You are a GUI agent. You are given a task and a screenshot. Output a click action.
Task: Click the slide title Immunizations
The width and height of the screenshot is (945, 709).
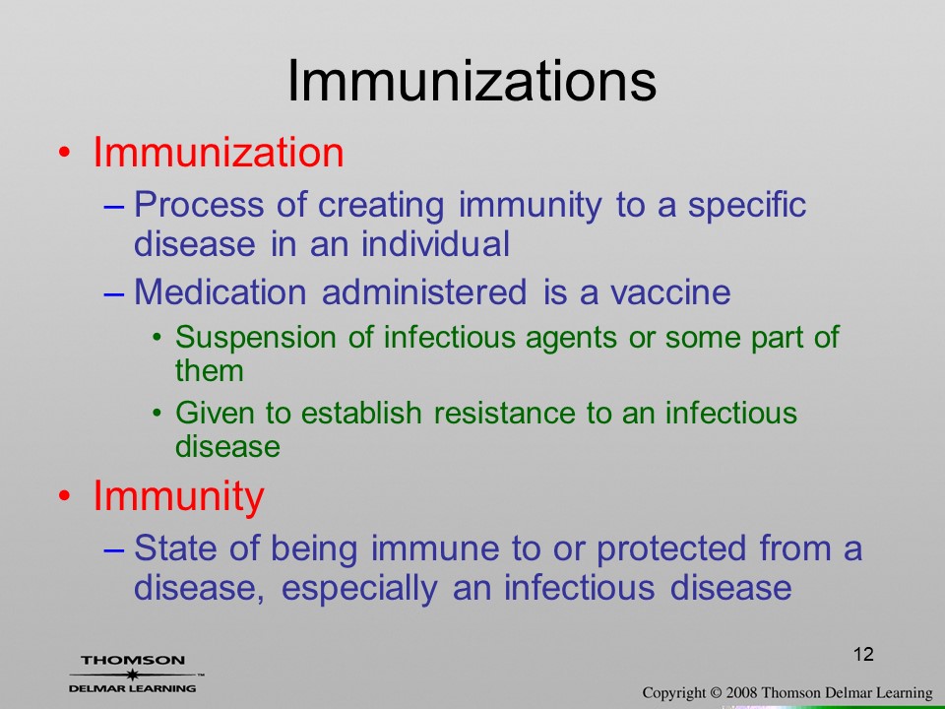click(x=472, y=82)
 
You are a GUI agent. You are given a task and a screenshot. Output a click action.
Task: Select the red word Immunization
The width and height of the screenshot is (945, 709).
click(x=219, y=152)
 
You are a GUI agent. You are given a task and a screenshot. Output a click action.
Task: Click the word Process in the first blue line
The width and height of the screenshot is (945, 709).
click(x=199, y=205)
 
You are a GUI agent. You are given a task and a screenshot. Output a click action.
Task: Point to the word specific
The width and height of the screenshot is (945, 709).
click(x=747, y=206)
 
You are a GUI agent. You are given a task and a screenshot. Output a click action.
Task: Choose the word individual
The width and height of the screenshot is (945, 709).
click(x=435, y=243)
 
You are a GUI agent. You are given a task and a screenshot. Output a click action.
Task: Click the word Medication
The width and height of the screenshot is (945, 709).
click(x=220, y=291)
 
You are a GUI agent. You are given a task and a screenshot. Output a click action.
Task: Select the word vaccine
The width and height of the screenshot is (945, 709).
click(x=670, y=293)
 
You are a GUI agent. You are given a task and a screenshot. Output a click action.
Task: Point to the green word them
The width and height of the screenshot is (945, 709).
click(x=209, y=370)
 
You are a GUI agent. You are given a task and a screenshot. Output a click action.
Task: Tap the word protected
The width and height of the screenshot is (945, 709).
click(x=670, y=549)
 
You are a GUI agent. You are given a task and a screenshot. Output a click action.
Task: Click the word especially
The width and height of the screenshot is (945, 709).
click(x=359, y=589)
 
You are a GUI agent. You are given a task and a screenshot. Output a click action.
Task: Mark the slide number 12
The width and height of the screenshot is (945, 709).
click(x=863, y=654)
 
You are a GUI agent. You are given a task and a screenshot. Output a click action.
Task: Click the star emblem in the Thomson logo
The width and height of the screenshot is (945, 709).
click(x=132, y=675)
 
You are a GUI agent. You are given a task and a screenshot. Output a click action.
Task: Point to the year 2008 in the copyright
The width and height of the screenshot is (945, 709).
click(x=740, y=693)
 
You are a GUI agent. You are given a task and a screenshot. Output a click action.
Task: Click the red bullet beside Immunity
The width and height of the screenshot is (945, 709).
click(x=64, y=496)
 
